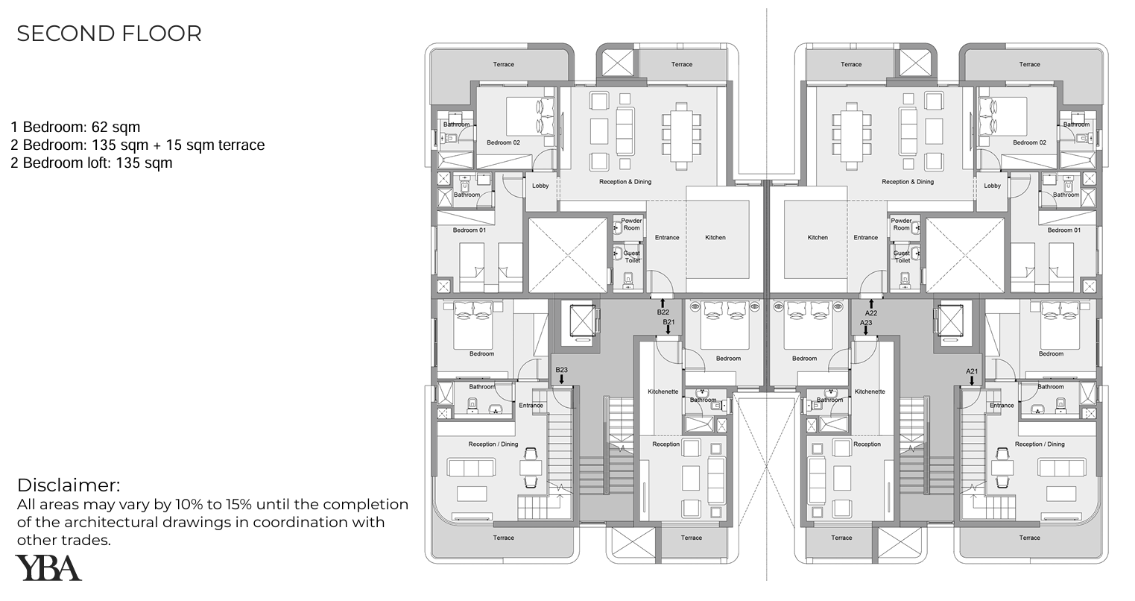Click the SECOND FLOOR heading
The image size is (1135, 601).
coord(110,34)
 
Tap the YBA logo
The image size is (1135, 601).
coord(48,567)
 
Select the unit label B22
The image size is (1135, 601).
coord(663,312)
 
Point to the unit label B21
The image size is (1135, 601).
coord(668,322)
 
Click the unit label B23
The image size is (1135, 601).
coord(561,370)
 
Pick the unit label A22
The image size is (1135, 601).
coord(871,313)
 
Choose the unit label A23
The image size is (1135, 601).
coord(866,323)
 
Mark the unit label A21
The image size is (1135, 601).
coord(972,371)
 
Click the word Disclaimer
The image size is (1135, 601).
coord(69,485)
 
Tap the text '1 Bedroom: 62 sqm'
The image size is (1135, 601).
coord(75,127)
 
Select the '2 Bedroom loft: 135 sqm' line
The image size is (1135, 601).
coord(92,163)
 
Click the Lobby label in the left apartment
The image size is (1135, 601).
coord(540,186)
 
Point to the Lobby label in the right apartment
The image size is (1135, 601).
coord(993,186)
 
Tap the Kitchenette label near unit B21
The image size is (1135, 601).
coord(663,391)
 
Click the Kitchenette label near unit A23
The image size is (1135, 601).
coord(870,391)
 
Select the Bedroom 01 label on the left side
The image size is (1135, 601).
coord(470,230)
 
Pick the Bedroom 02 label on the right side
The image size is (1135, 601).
coord(1030,142)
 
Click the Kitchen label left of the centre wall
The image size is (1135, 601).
coord(715,237)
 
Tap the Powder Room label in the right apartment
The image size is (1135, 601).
coord(902,224)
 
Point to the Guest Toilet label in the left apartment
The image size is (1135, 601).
coord(632,257)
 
